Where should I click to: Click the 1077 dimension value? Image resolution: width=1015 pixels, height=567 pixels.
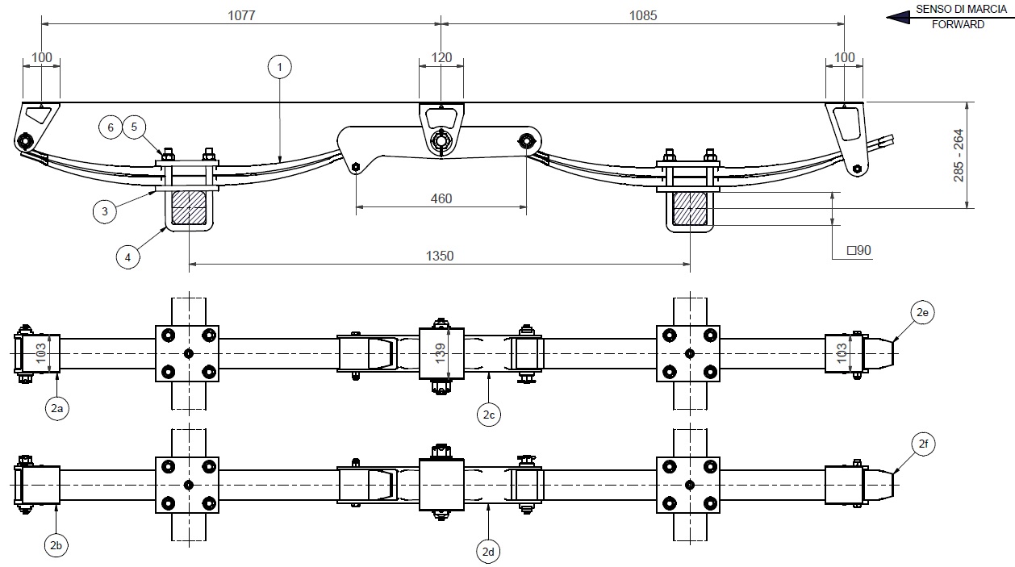pyautogui.click(x=241, y=15)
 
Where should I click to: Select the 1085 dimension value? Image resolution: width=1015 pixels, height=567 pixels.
pyautogui.click(x=642, y=15)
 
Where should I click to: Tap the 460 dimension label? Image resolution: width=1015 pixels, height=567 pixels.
pyautogui.click(x=441, y=198)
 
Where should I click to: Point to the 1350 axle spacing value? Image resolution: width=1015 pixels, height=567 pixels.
pyautogui.click(x=440, y=256)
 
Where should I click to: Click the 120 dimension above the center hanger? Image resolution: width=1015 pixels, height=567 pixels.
pyautogui.click(x=441, y=57)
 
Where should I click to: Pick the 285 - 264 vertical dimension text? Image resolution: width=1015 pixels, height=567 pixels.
pyautogui.click(x=959, y=156)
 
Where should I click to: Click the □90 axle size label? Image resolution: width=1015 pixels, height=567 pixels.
pyautogui.click(x=859, y=250)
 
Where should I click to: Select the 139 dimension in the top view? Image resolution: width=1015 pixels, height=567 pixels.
pyautogui.click(x=440, y=353)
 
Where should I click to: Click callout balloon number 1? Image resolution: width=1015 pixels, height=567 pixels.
pyautogui.click(x=280, y=67)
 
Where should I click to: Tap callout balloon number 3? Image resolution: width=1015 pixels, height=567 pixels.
pyautogui.click(x=105, y=211)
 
